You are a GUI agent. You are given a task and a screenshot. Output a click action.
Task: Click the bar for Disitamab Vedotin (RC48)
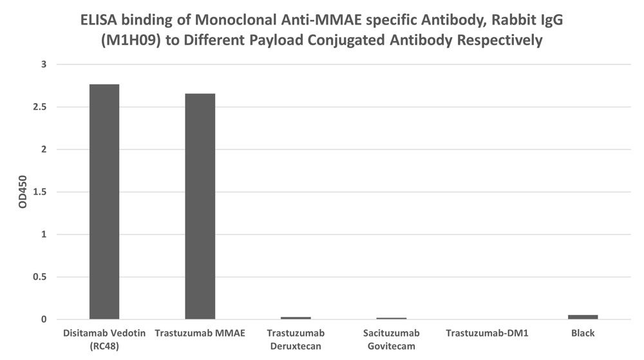pyautogui.click(x=104, y=202)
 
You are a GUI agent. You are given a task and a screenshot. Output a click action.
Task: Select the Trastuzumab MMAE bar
pyautogui.click(x=200, y=206)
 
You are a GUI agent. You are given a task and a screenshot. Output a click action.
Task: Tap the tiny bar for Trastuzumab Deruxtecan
pyautogui.click(x=296, y=317)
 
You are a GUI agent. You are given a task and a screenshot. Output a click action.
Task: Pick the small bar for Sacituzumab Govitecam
pyautogui.click(x=392, y=318)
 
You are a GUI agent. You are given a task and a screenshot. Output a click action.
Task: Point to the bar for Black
pyautogui.click(x=583, y=317)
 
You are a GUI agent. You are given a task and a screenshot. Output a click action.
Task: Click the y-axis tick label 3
pyautogui.click(x=44, y=64)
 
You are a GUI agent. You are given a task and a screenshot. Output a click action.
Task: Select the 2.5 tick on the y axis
pyautogui.click(x=40, y=107)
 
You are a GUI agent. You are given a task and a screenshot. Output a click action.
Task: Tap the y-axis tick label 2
pyautogui.click(x=44, y=149)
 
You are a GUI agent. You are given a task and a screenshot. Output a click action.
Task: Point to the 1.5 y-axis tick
pyautogui.click(x=40, y=192)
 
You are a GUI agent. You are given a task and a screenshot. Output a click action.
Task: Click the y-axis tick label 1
pyautogui.click(x=44, y=234)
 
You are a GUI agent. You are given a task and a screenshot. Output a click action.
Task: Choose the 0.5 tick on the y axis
pyautogui.click(x=40, y=277)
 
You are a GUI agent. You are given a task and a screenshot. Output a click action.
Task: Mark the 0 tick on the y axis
pyautogui.click(x=44, y=319)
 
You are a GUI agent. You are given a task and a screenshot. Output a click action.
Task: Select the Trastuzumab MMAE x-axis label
pyautogui.click(x=200, y=333)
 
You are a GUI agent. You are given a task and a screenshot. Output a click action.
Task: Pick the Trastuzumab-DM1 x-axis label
pyautogui.click(x=487, y=333)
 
